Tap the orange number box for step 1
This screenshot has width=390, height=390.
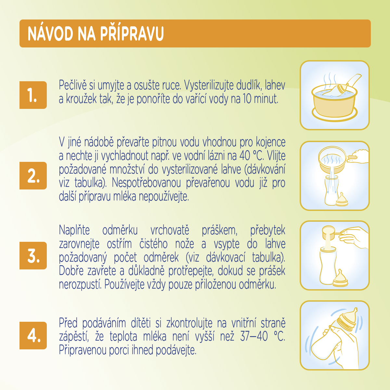[33, 95]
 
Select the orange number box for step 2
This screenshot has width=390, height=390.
[33, 175]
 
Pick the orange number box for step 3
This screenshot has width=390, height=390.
[33, 255]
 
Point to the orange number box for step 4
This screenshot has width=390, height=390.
[33, 335]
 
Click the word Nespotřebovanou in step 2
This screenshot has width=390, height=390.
[146, 183]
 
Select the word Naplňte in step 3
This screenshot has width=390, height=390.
[74, 230]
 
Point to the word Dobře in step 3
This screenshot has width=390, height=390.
[71, 271]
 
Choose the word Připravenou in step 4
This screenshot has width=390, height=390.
[83, 350]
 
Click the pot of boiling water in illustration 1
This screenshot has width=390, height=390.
[334, 103]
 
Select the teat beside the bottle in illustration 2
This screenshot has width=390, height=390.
[342, 200]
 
